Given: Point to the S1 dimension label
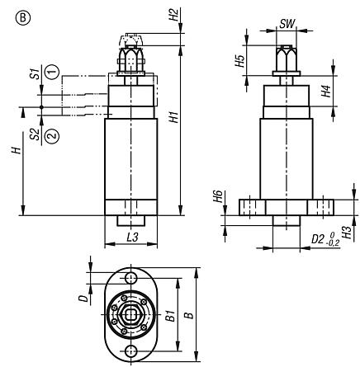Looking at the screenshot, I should click(34, 74).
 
